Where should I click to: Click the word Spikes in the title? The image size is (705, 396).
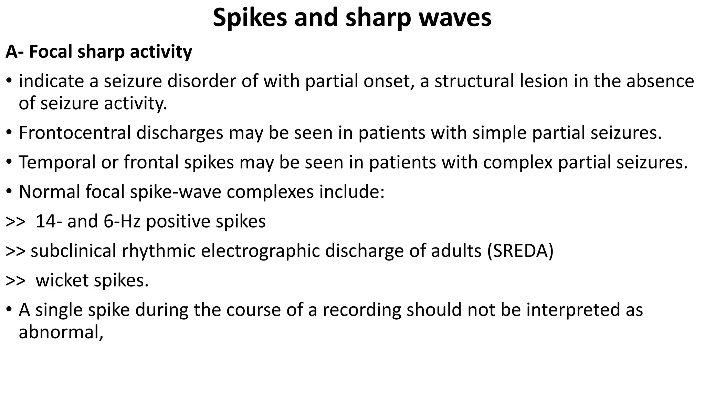pos(250,18)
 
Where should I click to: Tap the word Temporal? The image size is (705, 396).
pos(57,163)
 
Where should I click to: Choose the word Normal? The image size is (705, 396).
pos(50,192)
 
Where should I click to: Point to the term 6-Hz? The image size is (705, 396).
pos(122,221)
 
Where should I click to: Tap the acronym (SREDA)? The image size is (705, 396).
pos(520,251)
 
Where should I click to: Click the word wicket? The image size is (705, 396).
pos(62,280)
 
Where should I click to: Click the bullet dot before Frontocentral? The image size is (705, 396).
pos(10,133)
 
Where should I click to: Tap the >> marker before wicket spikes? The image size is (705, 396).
pos(15,280)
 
